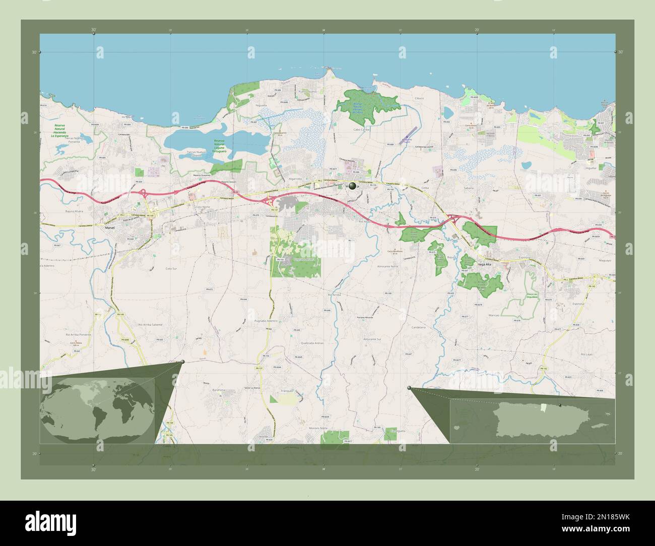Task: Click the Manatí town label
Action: pos(110,228)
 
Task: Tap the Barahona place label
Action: pos(221,390)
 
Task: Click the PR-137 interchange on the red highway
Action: pos(266,201)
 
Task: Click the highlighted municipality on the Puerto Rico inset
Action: pos(542,407)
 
